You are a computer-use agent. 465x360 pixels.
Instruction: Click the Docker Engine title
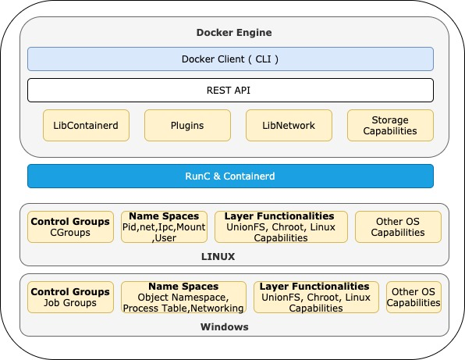tap(234, 32)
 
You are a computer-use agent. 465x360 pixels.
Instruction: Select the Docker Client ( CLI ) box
tap(230, 59)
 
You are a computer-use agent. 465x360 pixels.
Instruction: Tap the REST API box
tap(230, 91)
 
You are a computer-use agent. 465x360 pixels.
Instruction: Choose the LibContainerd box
tap(86, 125)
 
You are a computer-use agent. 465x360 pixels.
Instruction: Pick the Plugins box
tap(187, 125)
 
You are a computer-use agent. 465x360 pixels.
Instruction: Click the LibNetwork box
tap(289, 125)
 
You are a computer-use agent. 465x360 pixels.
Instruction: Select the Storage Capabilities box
tap(390, 125)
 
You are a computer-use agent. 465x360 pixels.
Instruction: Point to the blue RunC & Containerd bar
tap(230, 176)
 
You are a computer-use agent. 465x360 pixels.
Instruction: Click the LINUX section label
tap(218, 256)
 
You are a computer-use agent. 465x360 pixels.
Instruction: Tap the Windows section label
tap(225, 326)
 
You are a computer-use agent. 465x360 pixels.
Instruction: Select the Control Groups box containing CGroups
tap(70, 226)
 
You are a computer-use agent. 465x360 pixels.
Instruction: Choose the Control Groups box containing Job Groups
tap(70, 297)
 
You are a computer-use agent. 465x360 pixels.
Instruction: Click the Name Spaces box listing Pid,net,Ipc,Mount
tap(164, 226)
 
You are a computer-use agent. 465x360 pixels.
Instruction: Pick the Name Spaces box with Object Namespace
tap(183, 297)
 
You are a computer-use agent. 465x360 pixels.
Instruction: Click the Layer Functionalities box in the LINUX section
tap(281, 226)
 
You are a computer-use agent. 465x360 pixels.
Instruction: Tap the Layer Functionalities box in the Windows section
tap(316, 297)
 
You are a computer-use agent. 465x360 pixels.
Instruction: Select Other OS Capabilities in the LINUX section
tap(398, 226)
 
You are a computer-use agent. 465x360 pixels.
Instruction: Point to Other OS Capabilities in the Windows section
tap(414, 297)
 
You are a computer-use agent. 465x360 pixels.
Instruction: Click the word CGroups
tap(70, 233)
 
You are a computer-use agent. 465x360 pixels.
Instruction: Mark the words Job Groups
tap(70, 303)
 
